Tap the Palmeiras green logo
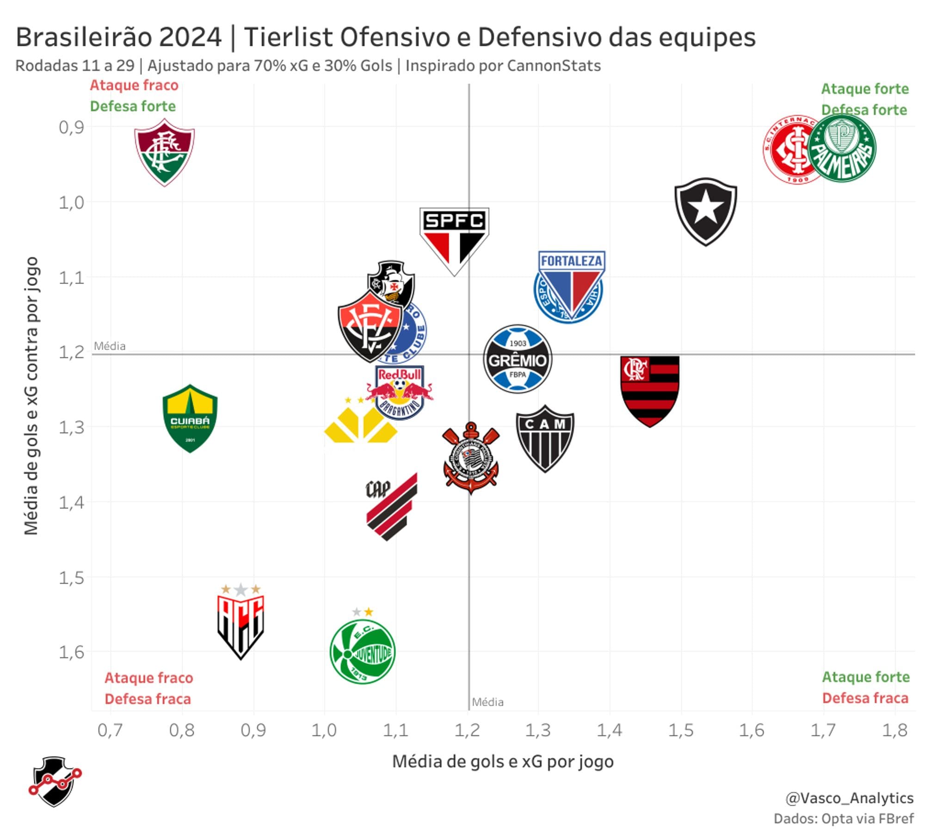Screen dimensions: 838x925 click(842, 148)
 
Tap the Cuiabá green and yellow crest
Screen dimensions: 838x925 click(190, 418)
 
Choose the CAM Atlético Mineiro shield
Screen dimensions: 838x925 click(545, 437)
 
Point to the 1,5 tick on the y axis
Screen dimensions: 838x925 click(72, 578)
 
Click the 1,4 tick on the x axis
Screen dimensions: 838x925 click(610, 730)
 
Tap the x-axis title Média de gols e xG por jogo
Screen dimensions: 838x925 click(503, 761)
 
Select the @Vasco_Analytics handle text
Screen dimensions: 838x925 click(849, 798)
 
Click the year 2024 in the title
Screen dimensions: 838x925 click(190, 37)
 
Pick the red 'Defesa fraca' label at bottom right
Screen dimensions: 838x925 click(865, 698)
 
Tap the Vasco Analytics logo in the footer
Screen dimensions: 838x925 click(55, 781)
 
